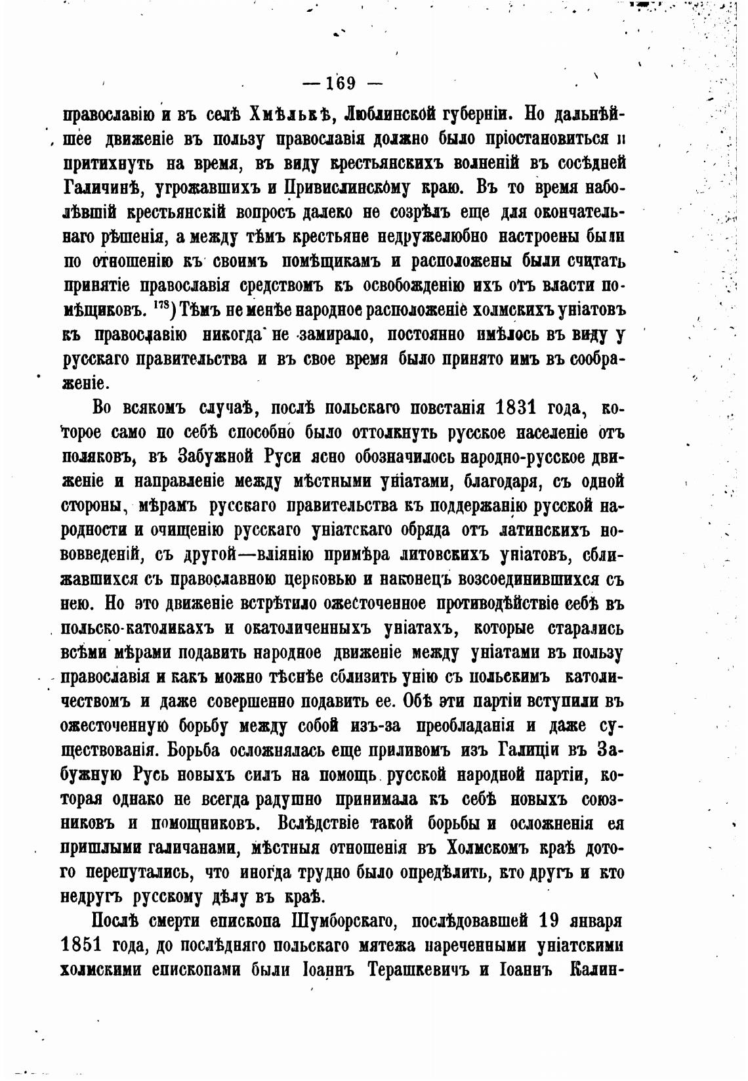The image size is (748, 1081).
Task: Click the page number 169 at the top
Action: coord(335,83)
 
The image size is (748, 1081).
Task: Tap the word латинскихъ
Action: coord(546,529)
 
